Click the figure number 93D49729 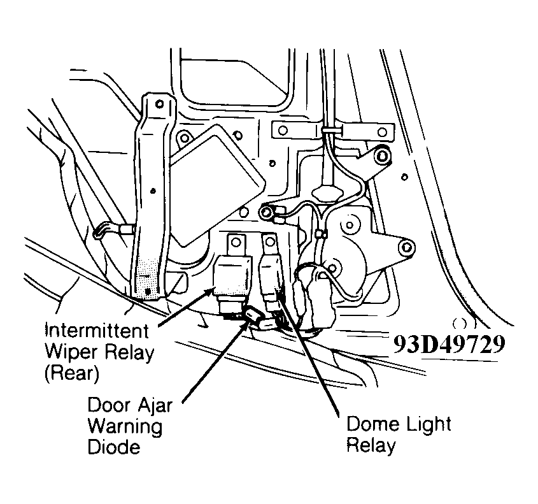[x=450, y=345]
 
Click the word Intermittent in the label [x=96, y=331]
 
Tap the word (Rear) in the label [x=71, y=374]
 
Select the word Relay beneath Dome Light [x=371, y=444]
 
